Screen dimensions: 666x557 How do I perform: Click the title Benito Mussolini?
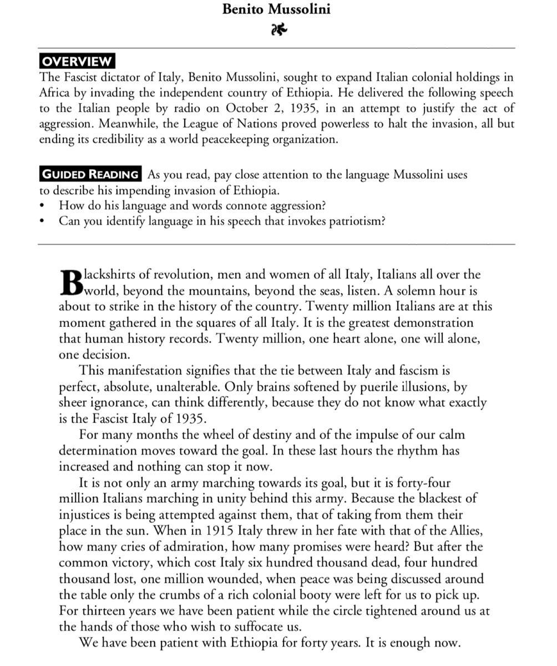pyautogui.click(x=276, y=9)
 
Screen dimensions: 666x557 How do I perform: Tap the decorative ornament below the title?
pyautogui.click(x=279, y=30)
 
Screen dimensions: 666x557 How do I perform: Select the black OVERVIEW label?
pyautogui.click(x=77, y=61)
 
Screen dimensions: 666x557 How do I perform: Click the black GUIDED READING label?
pyautogui.click(x=90, y=174)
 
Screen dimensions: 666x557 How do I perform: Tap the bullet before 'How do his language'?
pyautogui.click(x=43, y=206)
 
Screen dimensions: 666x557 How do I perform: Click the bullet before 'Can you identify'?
pyautogui.click(x=43, y=221)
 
